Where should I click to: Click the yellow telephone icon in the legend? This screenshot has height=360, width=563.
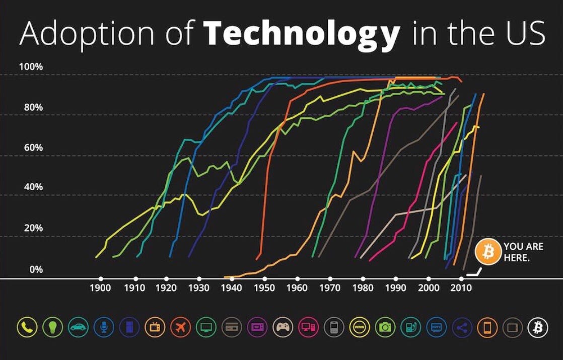point(26,328)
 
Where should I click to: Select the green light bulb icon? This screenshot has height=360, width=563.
point(52,328)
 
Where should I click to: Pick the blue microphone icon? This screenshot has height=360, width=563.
point(103,328)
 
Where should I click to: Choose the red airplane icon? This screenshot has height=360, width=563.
point(180,328)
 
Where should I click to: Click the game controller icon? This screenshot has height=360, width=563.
point(283,328)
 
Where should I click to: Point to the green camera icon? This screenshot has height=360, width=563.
point(385,328)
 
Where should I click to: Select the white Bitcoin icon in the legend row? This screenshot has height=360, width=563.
point(537,328)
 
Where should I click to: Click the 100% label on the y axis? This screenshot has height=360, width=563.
point(31,66)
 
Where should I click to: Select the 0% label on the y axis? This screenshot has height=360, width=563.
point(36,269)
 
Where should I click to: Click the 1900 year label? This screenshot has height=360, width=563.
point(100,289)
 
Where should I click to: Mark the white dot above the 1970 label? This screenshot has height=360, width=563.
point(330,278)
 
